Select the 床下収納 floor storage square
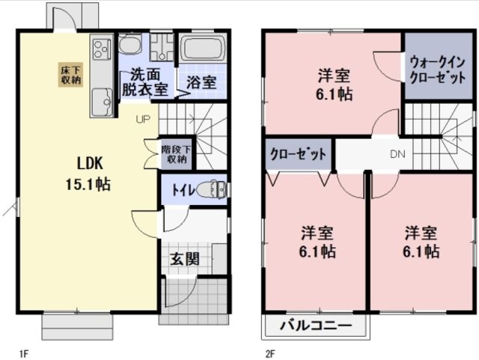pyautogui.click(x=71, y=76)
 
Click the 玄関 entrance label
pyautogui.click(x=184, y=260)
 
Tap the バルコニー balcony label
pyautogui.click(x=316, y=326)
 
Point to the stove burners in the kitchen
pyautogui.click(x=101, y=52)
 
